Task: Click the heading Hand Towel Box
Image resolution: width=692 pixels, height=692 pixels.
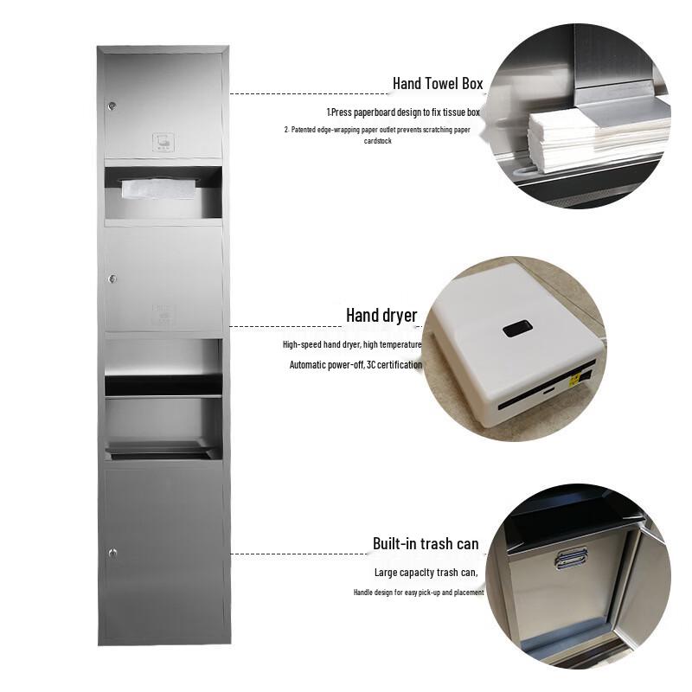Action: coord(438,84)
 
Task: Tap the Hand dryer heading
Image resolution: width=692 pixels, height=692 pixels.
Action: coord(381,315)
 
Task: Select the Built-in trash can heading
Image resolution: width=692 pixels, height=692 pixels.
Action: coord(426,544)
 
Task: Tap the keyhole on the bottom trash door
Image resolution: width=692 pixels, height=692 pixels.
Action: coord(112,552)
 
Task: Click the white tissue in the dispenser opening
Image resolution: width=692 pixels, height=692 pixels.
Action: coord(147,188)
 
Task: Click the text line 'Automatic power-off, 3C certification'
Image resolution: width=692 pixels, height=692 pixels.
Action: coord(356,365)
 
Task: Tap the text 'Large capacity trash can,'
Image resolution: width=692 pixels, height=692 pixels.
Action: coord(426,573)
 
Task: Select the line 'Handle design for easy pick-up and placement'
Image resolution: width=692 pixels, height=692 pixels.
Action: coord(418,593)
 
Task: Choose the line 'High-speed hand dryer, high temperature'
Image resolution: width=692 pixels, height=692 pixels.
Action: coord(352,344)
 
